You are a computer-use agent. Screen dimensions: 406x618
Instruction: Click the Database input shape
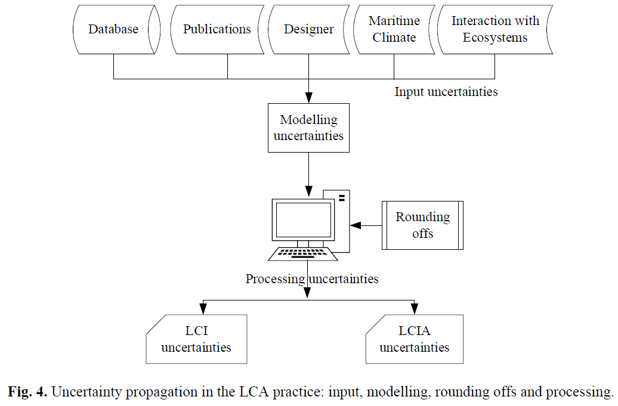click(113, 29)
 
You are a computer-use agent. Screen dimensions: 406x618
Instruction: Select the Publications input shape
click(217, 29)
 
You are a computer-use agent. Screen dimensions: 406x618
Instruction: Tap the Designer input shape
click(308, 29)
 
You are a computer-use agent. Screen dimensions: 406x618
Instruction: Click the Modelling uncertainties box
click(308, 128)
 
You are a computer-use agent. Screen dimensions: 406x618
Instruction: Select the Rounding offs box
click(422, 225)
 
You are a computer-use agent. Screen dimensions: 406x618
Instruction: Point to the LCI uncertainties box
click(196, 339)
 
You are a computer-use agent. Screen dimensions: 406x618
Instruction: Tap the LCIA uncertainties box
click(414, 339)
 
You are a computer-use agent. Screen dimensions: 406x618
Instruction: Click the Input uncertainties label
click(446, 92)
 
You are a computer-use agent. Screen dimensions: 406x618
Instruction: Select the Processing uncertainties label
click(312, 278)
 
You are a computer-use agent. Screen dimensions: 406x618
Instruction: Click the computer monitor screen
click(302, 219)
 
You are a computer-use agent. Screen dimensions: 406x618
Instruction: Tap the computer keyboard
click(303, 253)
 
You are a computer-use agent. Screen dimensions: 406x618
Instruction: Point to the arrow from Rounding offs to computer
click(366, 225)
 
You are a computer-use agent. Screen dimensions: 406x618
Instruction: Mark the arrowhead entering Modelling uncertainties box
click(308, 97)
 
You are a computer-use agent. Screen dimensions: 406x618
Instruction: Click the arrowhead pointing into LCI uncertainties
click(203, 308)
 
